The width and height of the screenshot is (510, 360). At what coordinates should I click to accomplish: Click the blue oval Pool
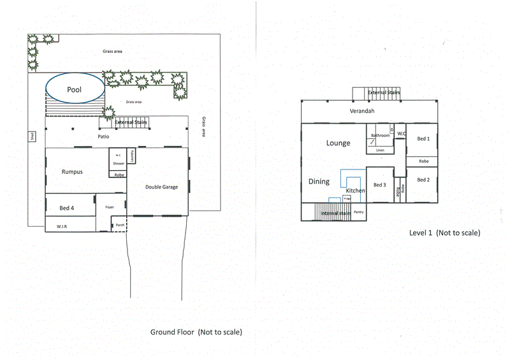(x=74, y=90)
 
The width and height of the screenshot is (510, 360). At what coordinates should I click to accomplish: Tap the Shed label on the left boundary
(x=32, y=136)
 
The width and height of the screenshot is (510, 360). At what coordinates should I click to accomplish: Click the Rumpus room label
(x=72, y=172)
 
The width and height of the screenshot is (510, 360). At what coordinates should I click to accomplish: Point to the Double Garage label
(x=161, y=187)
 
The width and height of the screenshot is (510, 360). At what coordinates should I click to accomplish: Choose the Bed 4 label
(x=66, y=208)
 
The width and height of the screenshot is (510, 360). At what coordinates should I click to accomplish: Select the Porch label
(x=119, y=225)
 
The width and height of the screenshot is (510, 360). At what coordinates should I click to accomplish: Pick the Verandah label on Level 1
(x=361, y=112)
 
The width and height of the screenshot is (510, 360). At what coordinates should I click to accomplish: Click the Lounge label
(x=338, y=143)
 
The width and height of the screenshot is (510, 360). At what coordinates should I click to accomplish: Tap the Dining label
(x=319, y=182)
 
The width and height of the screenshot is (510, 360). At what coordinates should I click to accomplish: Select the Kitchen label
(x=355, y=191)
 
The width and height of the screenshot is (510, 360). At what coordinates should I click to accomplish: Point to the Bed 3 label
(x=379, y=185)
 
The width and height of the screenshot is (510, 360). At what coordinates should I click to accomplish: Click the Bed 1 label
(x=423, y=138)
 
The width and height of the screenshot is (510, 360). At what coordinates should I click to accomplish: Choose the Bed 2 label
(x=423, y=180)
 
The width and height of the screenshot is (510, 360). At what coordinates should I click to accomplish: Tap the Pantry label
(x=358, y=212)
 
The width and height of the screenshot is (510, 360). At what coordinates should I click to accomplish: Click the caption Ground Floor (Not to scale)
(x=196, y=332)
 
